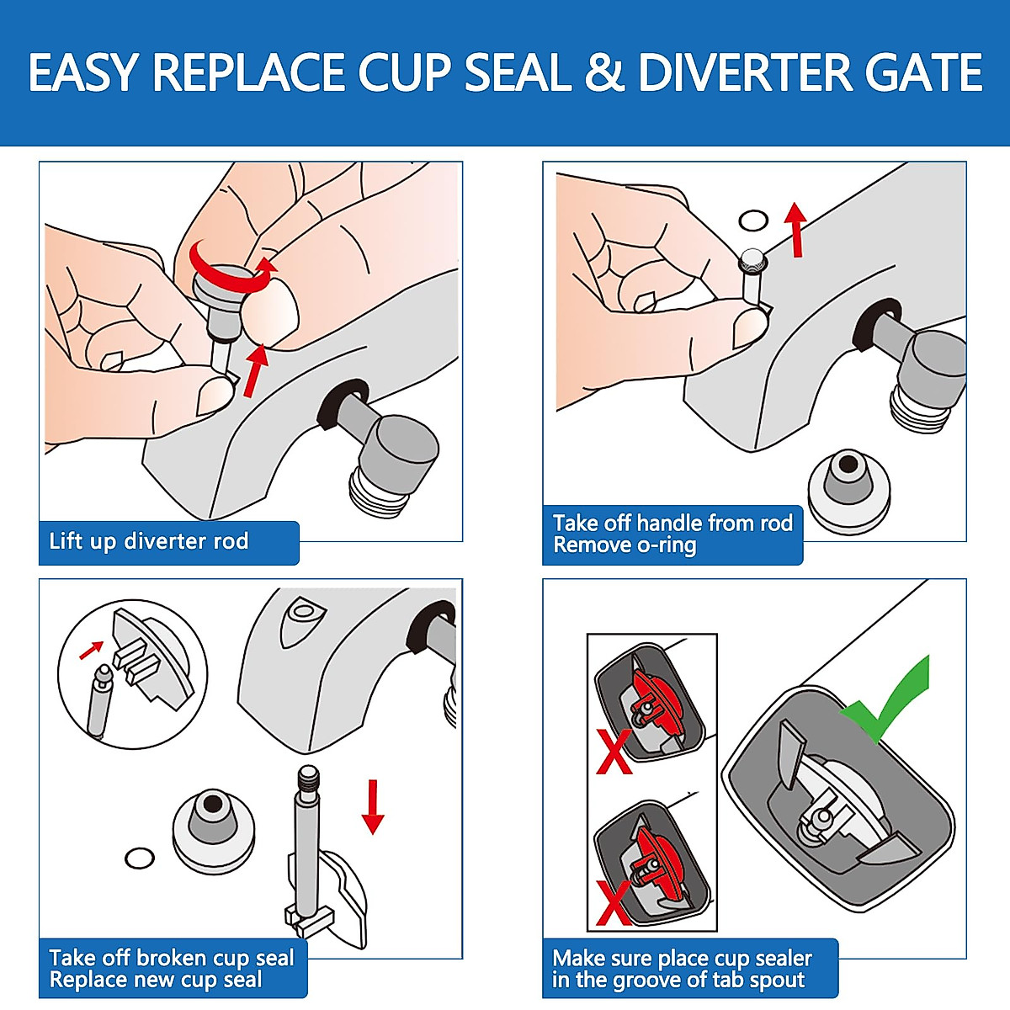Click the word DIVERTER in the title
pos(746,72)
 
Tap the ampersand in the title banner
pos(603,72)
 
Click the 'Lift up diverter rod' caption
pos(149,541)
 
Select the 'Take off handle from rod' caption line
pos(672,523)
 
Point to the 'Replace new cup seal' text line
pos(156,981)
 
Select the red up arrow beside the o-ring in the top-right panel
pos(795,229)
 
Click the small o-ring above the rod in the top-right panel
pos(753,221)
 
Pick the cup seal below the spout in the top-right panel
pos(849,487)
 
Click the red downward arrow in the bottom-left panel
pos(372,805)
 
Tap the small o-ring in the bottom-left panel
pos(140,858)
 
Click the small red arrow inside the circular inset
pos(91,650)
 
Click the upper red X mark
pos(614,752)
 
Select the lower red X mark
pos(614,902)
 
